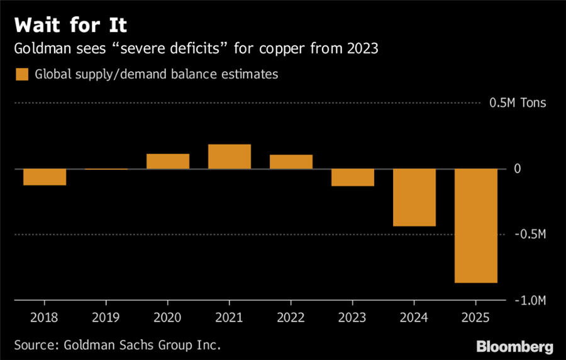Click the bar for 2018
pyautogui.click(x=45, y=177)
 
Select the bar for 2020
pyautogui.click(x=168, y=161)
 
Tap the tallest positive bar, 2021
pyautogui.click(x=230, y=157)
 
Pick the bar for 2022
pyautogui.click(x=291, y=162)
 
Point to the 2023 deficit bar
pyautogui.click(x=353, y=177)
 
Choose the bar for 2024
pyautogui.click(x=414, y=198)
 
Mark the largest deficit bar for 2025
pyautogui.click(x=476, y=226)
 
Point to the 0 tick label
pyautogui.click(x=517, y=169)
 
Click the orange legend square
pyautogui.click(x=21, y=74)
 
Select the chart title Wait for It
pyautogui.click(x=70, y=26)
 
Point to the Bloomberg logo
pyautogui.click(x=514, y=346)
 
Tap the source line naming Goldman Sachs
pyautogui.click(x=118, y=346)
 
